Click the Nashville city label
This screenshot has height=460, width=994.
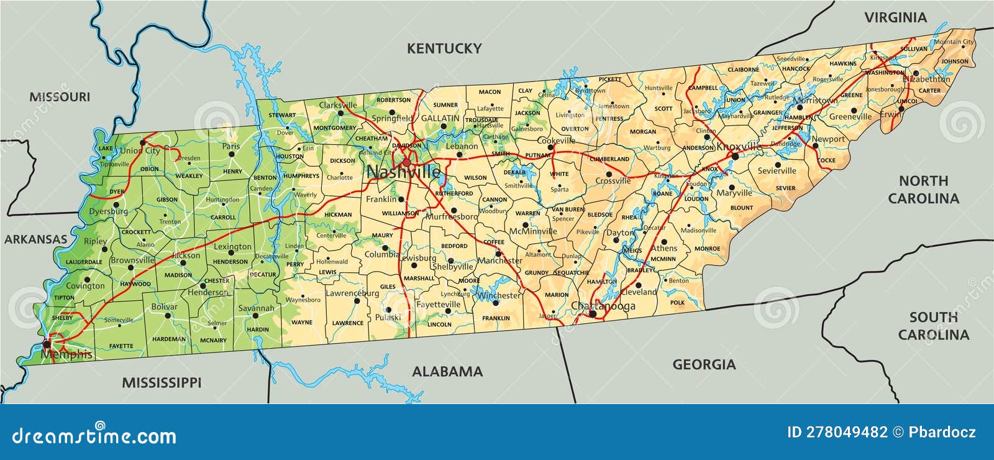(x=403, y=172)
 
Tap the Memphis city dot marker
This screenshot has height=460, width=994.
(x=47, y=343)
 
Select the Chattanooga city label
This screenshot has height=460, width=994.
(x=603, y=306)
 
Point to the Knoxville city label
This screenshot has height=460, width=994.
(x=739, y=147)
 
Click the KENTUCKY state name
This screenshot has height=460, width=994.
(x=444, y=48)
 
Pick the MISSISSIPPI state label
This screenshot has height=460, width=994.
(x=162, y=382)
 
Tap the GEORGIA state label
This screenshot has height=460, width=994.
(x=704, y=364)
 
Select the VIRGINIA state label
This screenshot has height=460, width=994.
(x=895, y=17)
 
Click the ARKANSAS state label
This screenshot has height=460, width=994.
(x=35, y=239)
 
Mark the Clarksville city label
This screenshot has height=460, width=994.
(x=338, y=105)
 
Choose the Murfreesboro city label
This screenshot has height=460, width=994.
(x=452, y=217)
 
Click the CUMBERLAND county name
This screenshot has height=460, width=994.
(x=609, y=159)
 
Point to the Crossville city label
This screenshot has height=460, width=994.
(x=613, y=181)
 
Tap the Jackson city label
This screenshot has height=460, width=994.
(x=186, y=255)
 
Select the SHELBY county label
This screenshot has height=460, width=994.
(x=62, y=318)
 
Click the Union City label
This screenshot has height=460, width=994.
(x=140, y=150)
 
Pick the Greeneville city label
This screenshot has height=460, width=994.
(x=850, y=116)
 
